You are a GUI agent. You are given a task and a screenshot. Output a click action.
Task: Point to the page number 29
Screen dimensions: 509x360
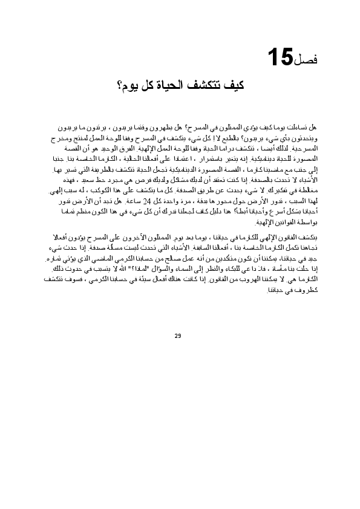coord(178,336)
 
